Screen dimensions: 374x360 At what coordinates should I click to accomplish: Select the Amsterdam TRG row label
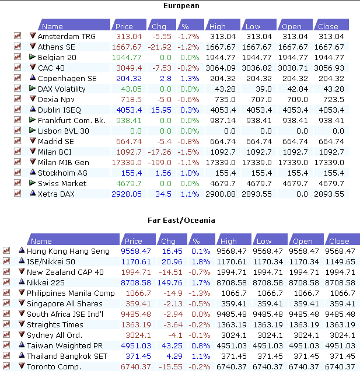pos(67,36)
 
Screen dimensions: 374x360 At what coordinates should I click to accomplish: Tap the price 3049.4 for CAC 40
pos(129,68)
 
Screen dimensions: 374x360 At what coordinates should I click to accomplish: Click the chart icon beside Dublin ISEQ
pos(18,110)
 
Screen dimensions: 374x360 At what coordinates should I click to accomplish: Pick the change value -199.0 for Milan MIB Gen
pos(159,162)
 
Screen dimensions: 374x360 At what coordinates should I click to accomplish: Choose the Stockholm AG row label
pos(62,173)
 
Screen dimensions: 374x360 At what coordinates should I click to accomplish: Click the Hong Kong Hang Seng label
pos(68,251)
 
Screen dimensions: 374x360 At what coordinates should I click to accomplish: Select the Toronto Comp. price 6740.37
pos(135,366)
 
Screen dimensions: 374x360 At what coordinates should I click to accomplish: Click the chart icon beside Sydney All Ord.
pos(6,335)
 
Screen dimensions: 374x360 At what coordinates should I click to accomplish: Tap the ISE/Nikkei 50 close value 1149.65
pos(340,261)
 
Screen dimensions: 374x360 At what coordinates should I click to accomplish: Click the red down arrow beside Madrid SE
pos(33,141)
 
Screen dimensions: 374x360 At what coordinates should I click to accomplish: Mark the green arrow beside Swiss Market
pos(33,183)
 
